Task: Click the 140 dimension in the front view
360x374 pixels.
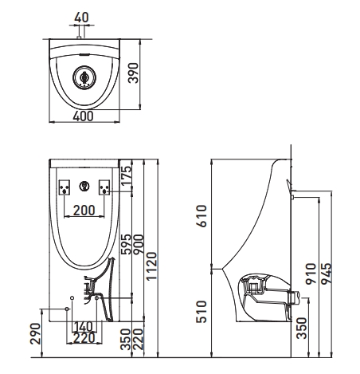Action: point(83,327)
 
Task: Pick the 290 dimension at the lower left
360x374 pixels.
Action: point(36,333)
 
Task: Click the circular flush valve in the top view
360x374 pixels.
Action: point(83,77)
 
